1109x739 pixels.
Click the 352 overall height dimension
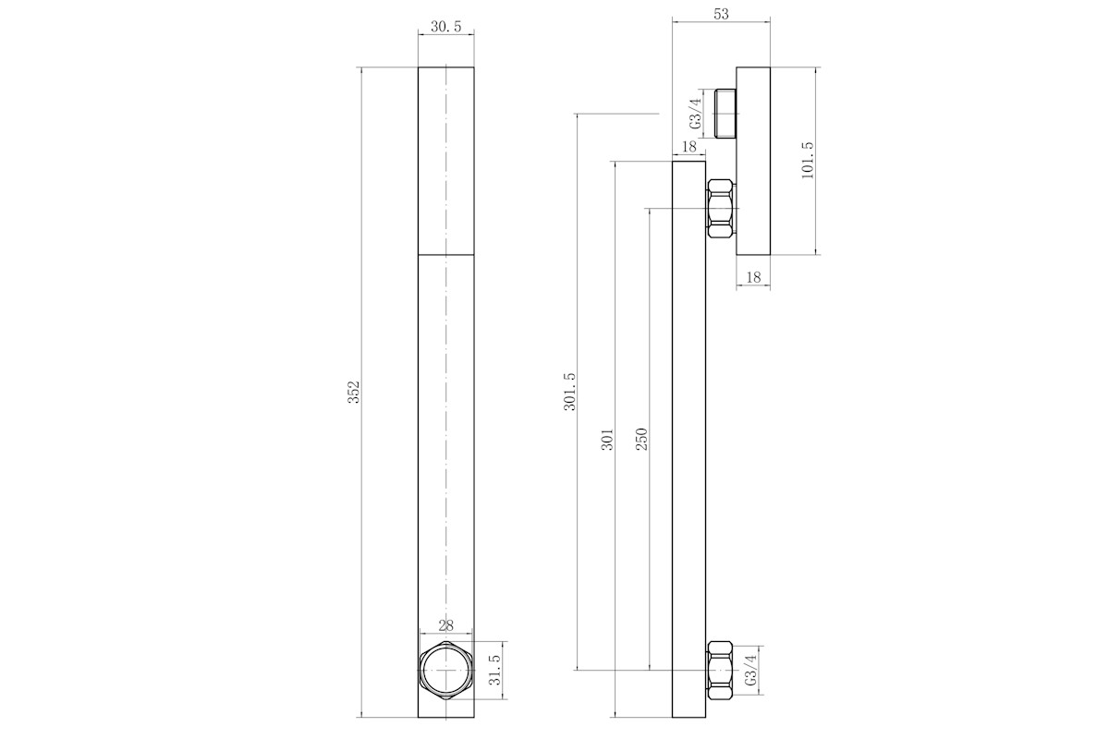point(353,392)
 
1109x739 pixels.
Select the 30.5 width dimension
point(445,27)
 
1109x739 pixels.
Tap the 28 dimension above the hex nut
point(446,625)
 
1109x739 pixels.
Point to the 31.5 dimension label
point(494,670)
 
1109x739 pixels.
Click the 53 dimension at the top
point(722,15)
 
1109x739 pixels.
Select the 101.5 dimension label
point(807,161)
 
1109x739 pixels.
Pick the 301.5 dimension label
point(570,392)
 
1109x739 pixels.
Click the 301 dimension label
point(607,440)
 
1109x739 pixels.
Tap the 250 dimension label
point(641,439)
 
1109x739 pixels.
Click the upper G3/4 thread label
point(696,114)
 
